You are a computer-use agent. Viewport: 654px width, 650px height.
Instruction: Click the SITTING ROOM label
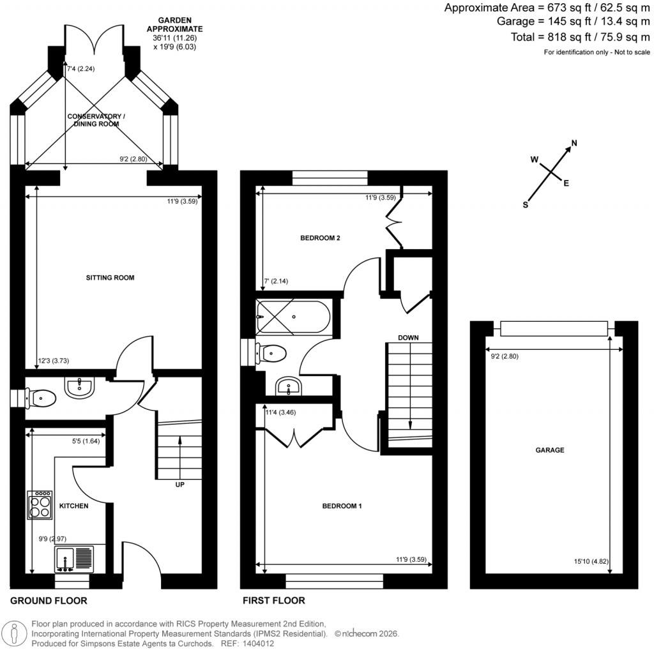pyautogui.click(x=110, y=278)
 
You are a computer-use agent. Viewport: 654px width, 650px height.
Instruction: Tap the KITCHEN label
pyautogui.click(x=73, y=506)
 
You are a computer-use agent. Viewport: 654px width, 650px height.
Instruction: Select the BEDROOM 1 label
pyautogui.click(x=342, y=506)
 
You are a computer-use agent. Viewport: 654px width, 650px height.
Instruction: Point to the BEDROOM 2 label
pyautogui.click(x=320, y=238)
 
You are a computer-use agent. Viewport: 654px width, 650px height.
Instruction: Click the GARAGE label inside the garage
pyautogui.click(x=549, y=450)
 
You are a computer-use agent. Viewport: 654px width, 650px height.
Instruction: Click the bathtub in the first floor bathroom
pyautogui.click(x=293, y=317)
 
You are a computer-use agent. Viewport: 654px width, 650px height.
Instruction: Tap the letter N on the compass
pyautogui.click(x=574, y=143)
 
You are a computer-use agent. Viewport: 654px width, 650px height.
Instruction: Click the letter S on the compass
pyautogui.click(x=526, y=205)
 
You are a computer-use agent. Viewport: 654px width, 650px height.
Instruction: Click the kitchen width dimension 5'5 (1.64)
pyautogui.click(x=87, y=441)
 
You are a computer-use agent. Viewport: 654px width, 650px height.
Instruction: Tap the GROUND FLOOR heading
pyautogui.click(x=49, y=601)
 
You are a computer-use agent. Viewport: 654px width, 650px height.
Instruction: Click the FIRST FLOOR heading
pyautogui.click(x=273, y=601)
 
